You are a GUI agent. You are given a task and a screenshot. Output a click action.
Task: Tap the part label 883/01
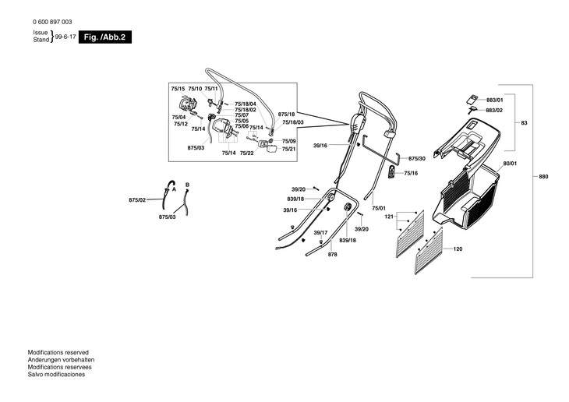(495, 100)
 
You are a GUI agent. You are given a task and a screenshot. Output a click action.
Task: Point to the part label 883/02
(495, 111)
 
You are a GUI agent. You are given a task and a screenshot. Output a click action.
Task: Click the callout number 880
(542, 178)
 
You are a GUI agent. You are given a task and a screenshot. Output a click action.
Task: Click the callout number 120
(458, 249)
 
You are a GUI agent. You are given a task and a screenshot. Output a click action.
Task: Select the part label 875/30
(417, 158)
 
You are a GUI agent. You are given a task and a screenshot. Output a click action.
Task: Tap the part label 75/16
(411, 173)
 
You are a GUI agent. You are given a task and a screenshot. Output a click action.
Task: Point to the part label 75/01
(379, 209)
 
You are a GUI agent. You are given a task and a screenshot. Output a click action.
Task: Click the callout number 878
(332, 255)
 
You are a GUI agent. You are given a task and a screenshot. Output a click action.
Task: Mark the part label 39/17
(320, 233)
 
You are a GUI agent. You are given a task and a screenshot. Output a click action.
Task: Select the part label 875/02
(136, 201)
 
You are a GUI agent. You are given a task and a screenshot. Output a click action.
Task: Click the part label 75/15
(178, 90)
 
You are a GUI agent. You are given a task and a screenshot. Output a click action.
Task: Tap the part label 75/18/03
(293, 122)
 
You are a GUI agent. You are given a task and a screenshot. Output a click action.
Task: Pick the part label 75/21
(288, 149)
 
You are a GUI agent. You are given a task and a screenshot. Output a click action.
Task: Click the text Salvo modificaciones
(57, 375)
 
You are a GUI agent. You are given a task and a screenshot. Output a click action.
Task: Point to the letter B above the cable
(187, 184)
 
